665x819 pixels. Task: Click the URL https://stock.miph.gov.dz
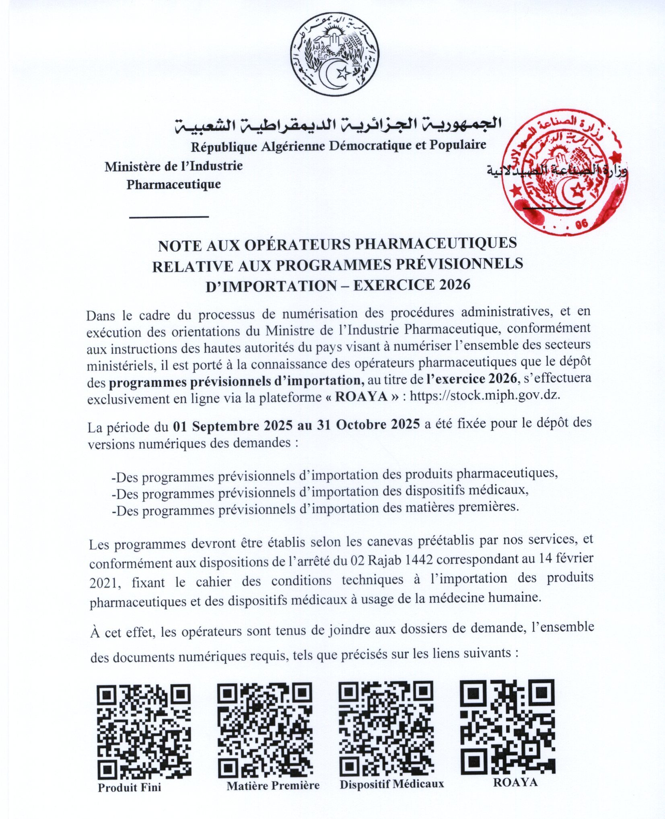[484, 396]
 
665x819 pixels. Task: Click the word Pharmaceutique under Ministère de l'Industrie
[173, 185]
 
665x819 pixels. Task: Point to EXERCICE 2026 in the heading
[412, 285]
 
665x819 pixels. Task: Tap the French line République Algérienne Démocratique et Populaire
[338, 145]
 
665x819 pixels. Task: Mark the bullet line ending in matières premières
[316, 509]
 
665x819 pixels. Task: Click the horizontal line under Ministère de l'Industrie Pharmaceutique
[169, 217]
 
